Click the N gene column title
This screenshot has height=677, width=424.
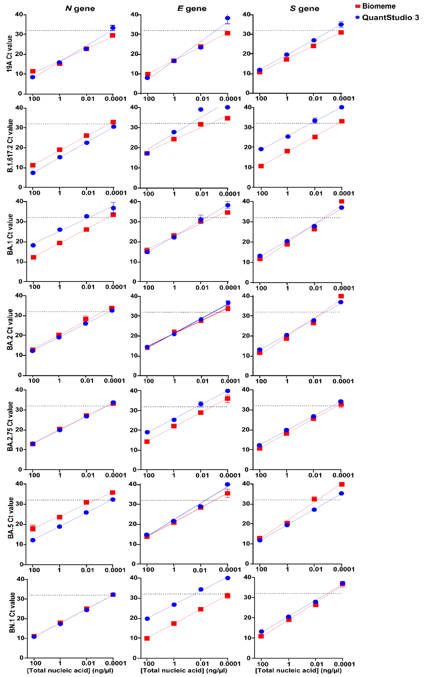coord(80,9)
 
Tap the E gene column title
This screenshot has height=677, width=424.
coord(192,9)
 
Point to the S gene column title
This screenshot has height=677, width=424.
coord(304,9)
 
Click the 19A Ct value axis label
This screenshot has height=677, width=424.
coord(10,54)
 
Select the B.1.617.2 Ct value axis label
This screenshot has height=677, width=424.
coord(10,146)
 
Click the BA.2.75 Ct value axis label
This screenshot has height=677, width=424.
coord(10,426)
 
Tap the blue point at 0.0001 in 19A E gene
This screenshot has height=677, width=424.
coord(228,18)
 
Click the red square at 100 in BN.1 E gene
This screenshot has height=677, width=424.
coord(147,638)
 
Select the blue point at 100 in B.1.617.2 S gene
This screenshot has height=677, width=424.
coord(261,149)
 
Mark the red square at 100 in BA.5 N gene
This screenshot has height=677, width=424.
coord(33,529)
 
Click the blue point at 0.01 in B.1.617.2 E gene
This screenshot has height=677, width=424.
coord(201,110)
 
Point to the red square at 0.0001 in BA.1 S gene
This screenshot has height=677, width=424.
coord(342,202)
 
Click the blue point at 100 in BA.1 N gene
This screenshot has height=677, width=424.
coord(33,245)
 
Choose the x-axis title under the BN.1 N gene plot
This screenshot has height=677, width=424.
coord(70,670)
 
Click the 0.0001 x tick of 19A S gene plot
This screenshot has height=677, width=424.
coord(343,99)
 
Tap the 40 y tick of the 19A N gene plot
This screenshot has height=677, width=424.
coord(19,14)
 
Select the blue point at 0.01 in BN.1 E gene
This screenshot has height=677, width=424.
coord(201,590)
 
